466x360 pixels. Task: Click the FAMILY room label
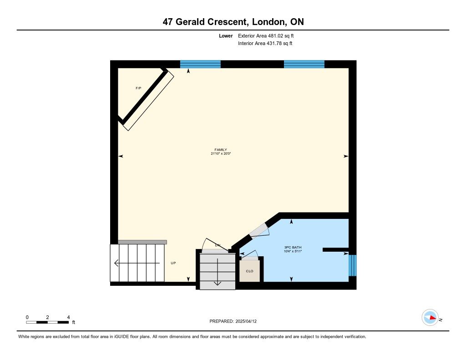[221, 150]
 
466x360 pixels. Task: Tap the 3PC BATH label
[293, 247]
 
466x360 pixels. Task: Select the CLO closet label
[250, 271]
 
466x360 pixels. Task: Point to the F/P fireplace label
[138, 88]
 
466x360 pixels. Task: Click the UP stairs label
[173, 263]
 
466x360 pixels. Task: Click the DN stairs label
[218, 245]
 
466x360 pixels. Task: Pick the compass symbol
[430, 318]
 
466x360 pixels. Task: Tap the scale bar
[47, 322]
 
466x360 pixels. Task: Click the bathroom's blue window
[353, 265]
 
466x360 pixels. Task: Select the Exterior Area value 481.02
[275, 35]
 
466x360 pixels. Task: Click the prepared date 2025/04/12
[246, 321]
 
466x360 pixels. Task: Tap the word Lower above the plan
[226, 35]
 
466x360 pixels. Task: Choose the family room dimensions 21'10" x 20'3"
[221, 154]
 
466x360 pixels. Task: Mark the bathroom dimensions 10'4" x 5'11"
[293, 251]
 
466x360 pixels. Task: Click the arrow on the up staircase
[137, 263]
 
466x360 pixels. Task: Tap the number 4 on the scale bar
[68, 317]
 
